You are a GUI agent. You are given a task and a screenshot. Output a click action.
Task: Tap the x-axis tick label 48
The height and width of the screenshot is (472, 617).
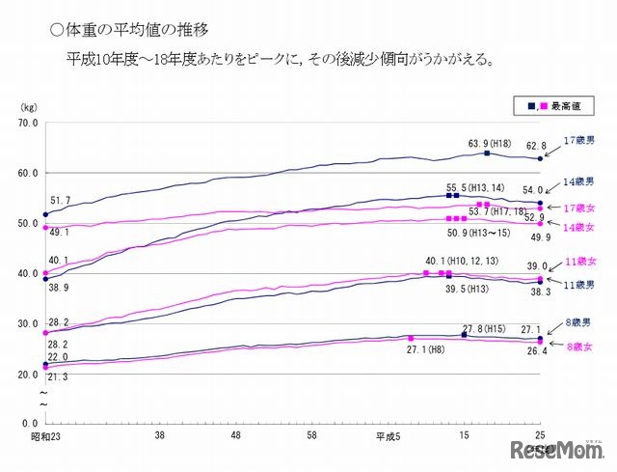click(237, 436)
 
